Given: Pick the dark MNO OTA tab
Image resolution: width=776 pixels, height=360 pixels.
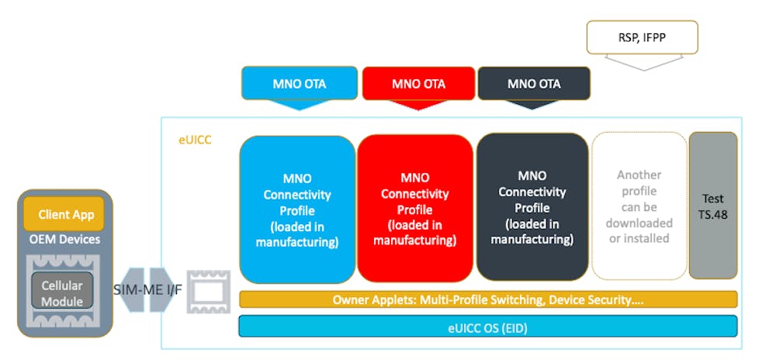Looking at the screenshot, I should (534, 83).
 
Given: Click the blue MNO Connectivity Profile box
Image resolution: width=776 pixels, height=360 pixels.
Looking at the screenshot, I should (297, 208).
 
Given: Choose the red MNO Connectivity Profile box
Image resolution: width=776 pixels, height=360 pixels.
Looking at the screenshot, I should (415, 208).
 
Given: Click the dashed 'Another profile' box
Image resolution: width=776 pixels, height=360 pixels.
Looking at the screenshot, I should (639, 206).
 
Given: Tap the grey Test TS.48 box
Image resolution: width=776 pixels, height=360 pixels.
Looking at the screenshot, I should (712, 205).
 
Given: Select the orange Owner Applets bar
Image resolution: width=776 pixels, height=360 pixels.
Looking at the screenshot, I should (488, 299).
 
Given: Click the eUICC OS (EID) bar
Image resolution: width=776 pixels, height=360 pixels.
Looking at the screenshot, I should (488, 327).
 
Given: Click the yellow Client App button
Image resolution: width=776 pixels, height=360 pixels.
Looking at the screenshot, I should (65, 213).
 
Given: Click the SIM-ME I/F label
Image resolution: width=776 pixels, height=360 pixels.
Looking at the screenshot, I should (147, 289).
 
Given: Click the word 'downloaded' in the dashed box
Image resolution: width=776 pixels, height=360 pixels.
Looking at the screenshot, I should (639, 223).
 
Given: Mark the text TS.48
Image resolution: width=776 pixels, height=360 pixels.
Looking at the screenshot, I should (712, 213).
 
